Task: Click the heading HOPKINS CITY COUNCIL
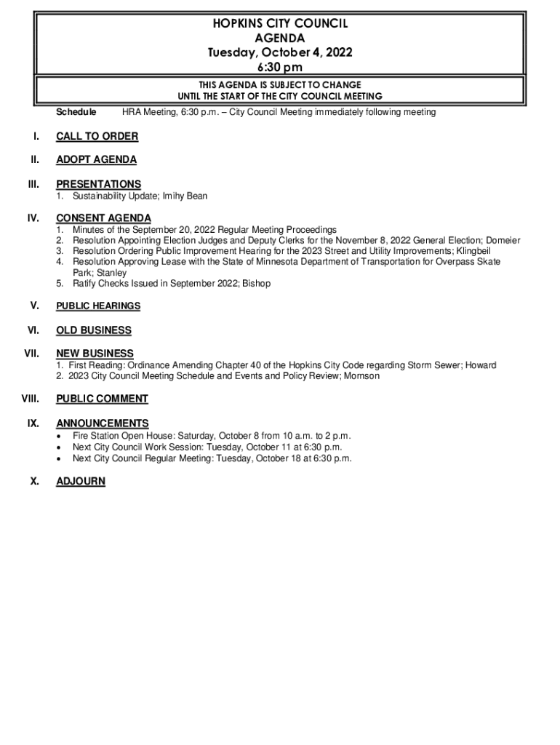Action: [x=280, y=23]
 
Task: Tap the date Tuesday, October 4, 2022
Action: [x=280, y=52]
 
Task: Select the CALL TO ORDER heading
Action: [x=97, y=137]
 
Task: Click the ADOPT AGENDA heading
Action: [x=96, y=160]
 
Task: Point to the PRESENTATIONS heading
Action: [x=98, y=184]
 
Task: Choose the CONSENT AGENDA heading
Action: [x=103, y=218]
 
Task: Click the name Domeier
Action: [x=503, y=240]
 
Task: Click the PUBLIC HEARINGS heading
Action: [x=98, y=306]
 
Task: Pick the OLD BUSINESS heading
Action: [x=94, y=330]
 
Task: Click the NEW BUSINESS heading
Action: [x=95, y=354]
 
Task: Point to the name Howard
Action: [x=481, y=365]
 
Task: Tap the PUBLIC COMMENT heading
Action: [x=102, y=399]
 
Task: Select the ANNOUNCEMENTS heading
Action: [x=103, y=423]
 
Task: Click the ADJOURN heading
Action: [x=81, y=482]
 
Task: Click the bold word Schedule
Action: [x=76, y=112]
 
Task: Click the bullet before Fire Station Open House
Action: [x=59, y=437]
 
